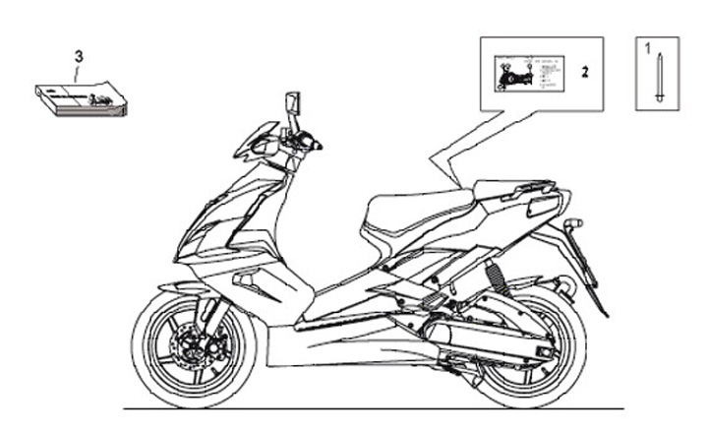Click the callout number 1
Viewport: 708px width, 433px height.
click(x=647, y=46)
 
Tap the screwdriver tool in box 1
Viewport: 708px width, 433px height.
click(x=656, y=75)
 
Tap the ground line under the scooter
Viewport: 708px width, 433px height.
click(x=374, y=408)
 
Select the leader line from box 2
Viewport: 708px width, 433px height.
click(x=462, y=148)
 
